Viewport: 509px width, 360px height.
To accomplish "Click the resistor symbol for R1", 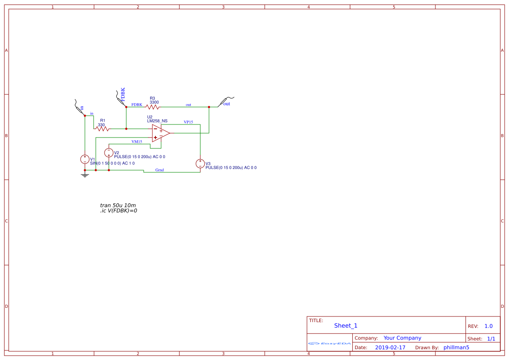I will pos(102,129).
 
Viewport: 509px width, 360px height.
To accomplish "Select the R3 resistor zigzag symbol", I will pos(152,107).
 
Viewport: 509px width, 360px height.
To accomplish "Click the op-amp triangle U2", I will pos(160,133).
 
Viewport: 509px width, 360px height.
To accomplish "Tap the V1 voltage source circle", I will pos(85,159).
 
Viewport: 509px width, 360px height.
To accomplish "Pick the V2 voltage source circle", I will pos(109,152).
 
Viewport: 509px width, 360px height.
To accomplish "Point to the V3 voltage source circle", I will pos(200,164).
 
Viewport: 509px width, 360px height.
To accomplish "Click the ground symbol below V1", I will pos(85,175).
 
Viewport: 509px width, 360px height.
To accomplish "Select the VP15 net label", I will pos(188,122).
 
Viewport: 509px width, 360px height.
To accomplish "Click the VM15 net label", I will pos(137,141).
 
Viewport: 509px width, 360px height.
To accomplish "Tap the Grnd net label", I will pos(159,170).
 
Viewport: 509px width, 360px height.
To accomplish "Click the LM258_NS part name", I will pos(157,121).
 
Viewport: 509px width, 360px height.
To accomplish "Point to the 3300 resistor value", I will pos(154,102).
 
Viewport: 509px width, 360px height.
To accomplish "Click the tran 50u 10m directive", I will pos(118,205).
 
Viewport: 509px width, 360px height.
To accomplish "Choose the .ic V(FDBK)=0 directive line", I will pos(118,211).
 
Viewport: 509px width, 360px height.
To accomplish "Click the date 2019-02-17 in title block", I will pos(390,347).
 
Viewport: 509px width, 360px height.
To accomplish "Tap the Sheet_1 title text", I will pos(346,326).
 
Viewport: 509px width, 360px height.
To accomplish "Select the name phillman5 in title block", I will pos(456,347).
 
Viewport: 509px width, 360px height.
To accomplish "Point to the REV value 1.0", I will pos(489,326).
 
